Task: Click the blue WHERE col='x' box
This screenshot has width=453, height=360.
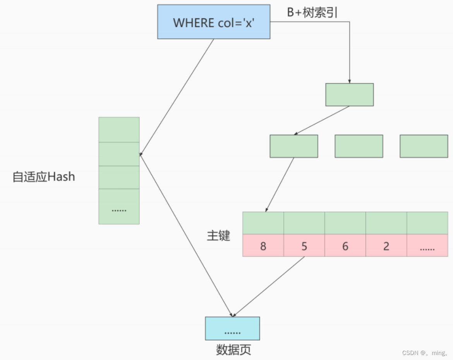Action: pos(213,22)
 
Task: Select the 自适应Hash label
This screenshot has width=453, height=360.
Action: pos(44,177)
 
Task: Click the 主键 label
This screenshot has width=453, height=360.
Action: pos(218,235)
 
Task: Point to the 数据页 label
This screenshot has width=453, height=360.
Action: pos(233,350)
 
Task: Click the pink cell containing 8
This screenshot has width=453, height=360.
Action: pos(263,246)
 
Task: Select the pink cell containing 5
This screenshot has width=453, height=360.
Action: pos(304,246)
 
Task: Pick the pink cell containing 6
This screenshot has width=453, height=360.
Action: pos(345,246)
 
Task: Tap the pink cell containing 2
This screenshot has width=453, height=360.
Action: pos(386,246)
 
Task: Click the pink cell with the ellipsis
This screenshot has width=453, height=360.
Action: pos(427,246)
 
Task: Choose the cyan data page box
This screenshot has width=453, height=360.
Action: pos(232,329)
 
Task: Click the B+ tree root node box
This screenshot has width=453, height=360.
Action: pos(349,95)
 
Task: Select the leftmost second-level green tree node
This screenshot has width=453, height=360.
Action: pos(293,146)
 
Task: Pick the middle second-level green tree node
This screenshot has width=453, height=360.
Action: pos(359,146)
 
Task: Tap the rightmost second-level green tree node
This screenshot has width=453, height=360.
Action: pos(424,146)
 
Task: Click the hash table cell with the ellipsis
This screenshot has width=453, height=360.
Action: pos(119,207)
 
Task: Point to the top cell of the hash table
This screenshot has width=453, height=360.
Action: pos(119,130)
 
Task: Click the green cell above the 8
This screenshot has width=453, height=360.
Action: pos(263,223)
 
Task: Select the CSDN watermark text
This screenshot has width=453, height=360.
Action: pos(425,353)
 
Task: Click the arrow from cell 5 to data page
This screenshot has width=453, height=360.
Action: pos(269,286)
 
